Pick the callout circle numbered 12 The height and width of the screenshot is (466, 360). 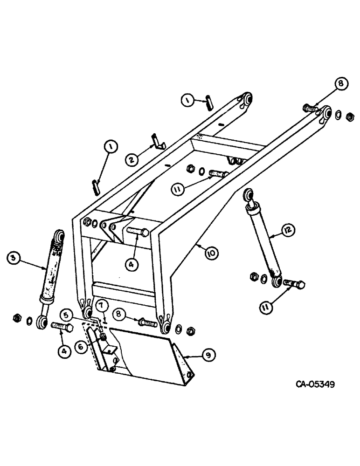click(288, 229)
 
